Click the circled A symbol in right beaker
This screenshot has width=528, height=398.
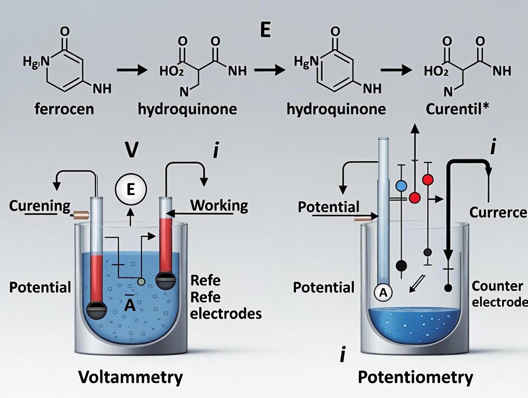(383, 293)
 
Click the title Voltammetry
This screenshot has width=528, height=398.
(131, 377)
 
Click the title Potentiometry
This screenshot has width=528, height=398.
(415, 377)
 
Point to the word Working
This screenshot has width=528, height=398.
(219, 206)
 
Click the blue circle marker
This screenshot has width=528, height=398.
(401, 186)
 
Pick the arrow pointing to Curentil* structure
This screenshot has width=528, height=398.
(399, 70)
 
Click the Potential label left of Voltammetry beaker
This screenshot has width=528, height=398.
(40, 287)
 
